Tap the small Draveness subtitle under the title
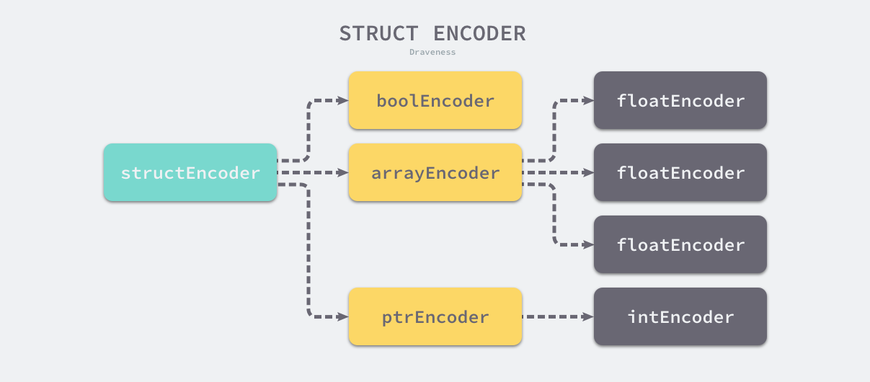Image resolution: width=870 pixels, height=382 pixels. click(432, 52)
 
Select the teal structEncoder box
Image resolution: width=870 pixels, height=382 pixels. click(190, 173)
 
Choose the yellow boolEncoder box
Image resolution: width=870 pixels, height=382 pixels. click(435, 101)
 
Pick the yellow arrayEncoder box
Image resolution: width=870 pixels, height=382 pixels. click(435, 173)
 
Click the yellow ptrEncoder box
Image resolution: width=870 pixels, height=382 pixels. click(435, 317)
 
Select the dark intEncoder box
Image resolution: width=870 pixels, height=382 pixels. click(680, 317)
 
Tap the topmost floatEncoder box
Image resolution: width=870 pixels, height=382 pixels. click(680, 101)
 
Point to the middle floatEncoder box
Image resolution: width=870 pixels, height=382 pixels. click(680, 173)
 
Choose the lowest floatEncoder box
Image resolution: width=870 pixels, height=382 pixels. click(680, 245)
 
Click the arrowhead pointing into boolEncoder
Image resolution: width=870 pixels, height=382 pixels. click(343, 101)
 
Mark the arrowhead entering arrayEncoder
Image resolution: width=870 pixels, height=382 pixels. click(343, 173)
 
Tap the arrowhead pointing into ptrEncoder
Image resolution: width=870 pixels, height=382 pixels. click(343, 317)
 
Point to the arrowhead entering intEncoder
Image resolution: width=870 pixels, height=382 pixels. click(588, 317)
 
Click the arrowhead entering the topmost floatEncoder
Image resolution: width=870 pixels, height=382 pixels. click(588, 101)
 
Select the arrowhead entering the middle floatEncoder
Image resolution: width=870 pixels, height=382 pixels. click(588, 173)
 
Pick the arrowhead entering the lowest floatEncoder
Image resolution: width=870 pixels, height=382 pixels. click(588, 245)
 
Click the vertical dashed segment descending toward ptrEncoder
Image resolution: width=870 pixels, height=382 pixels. click(309, 252)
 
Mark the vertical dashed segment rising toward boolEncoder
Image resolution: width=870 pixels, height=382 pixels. click(309, 130)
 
